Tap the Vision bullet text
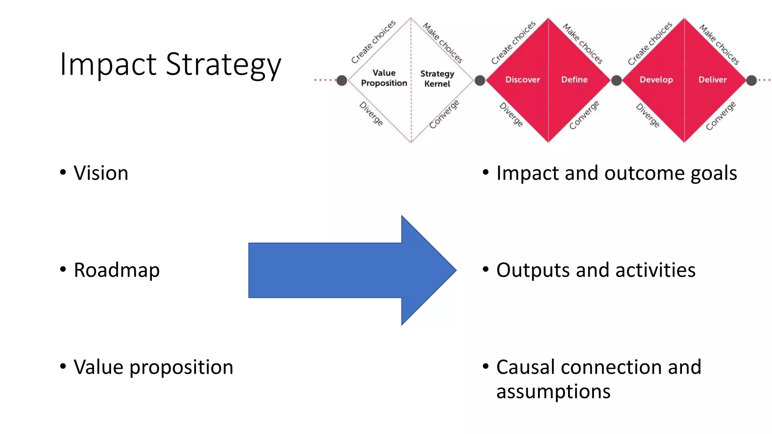101,173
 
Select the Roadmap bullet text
116,270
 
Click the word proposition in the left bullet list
181,367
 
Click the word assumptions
553,391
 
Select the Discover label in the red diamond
522,80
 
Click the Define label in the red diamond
574,80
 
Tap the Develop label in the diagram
656,80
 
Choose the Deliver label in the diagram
712,80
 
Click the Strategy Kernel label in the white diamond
437,79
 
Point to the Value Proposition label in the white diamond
384,78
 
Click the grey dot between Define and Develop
616,80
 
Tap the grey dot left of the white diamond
342,80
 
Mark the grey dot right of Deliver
751,80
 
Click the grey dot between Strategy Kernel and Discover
479,80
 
